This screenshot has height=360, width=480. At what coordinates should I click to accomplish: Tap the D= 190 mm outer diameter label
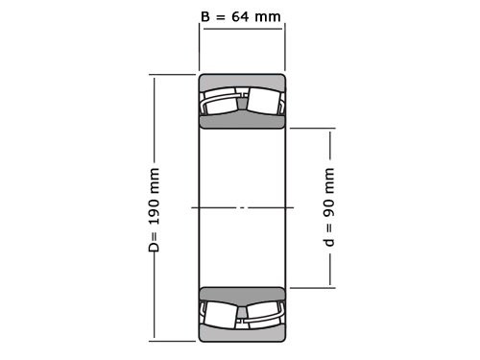[154, 209]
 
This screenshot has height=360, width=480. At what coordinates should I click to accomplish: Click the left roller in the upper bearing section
[220, 101]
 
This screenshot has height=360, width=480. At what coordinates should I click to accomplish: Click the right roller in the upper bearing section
[264, 101]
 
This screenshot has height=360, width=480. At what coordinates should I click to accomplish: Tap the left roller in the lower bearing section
[220, 314]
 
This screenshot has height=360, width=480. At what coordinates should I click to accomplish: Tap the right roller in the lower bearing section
[264, 314]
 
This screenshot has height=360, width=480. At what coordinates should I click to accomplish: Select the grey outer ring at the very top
[242, 80]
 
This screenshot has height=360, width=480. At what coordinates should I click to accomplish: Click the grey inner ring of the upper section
[242, 122]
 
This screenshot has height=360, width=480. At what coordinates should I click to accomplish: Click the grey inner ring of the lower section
[242, 293]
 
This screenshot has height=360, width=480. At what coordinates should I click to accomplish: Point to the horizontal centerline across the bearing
[242, 207]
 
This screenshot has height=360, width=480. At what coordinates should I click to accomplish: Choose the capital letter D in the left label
[154, 248]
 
